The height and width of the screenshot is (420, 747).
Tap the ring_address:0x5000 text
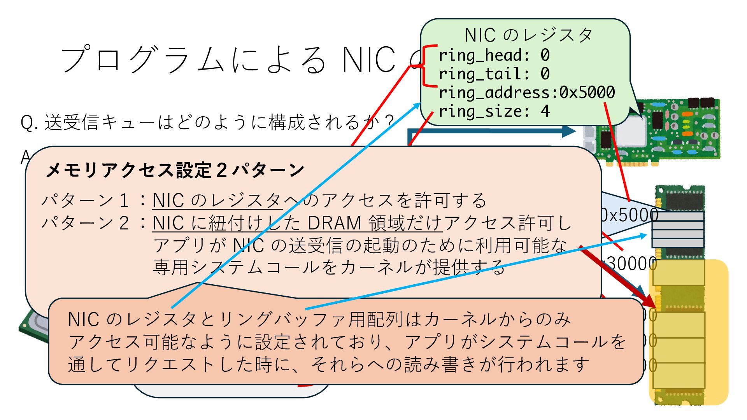click(x=526, y=93)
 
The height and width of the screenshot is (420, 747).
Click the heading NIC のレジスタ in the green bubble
click(x=528, y=35)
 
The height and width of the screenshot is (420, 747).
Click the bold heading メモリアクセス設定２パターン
click(x=175, y=170)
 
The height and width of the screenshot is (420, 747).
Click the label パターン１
click(x=85, y=201)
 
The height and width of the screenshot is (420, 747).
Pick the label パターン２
click(x=85, y=223)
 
